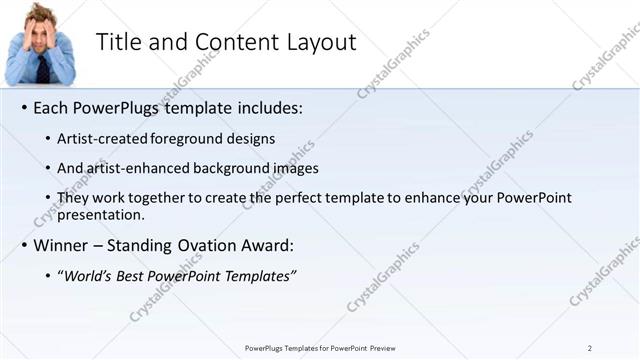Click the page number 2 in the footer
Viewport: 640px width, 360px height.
pos(590,348)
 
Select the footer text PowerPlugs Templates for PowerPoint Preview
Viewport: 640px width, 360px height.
pos(320,348)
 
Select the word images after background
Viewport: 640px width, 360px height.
pos(290,168)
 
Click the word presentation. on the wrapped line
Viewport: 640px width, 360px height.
pos(102,214)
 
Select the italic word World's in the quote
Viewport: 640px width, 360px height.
pos(89,275)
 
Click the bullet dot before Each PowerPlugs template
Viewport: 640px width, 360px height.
pos(24,108)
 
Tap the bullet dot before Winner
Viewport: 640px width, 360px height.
pos(24,246)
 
